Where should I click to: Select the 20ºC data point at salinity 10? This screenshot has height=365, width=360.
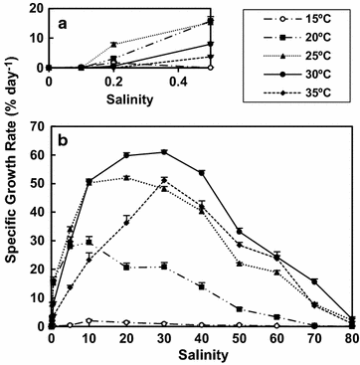(x=89, y=241)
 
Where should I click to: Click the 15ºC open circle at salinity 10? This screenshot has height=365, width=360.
(x=89, y=321)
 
